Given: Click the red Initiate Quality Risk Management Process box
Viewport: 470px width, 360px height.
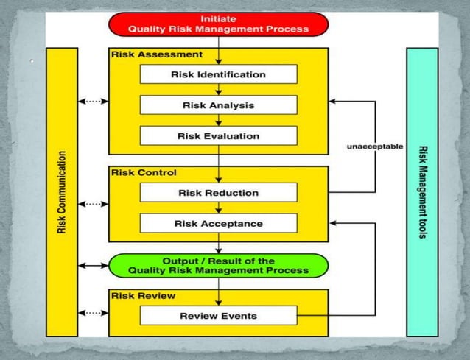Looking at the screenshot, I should tap(218, 24).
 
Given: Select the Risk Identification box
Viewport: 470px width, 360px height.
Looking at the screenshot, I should tap(218, 74).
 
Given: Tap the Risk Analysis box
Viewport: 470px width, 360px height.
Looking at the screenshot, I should tap(218, 105).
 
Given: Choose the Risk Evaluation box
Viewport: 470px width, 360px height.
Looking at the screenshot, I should tap(218, 136).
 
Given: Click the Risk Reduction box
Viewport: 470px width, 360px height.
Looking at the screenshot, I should tap(218, 193).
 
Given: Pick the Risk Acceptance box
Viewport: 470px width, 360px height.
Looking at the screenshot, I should tap(218, 224).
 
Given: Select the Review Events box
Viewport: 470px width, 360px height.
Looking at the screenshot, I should tap(218, 316).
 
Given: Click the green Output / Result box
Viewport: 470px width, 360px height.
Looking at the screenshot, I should tap(218, 266).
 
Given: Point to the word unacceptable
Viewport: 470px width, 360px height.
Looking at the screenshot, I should tap(375, 147).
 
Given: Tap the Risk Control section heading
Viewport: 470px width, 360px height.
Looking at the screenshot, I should tap(143, 173).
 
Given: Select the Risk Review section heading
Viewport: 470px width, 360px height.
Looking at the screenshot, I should tap(143, 295).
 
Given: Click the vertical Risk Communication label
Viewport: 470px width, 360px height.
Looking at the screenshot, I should tap(62, 193).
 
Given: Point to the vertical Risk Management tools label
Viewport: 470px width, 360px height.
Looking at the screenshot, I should tap(422, 193).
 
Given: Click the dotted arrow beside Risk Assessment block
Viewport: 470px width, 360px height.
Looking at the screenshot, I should tap(93, 101).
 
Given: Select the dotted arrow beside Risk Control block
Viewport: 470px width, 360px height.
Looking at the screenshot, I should tap(93, 204).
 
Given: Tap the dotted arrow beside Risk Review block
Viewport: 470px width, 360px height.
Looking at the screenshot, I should tap(93, 313).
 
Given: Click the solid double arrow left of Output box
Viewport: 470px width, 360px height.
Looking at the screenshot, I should tap(93, 265).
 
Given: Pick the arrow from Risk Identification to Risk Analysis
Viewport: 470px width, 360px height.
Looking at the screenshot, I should tap(219, 90).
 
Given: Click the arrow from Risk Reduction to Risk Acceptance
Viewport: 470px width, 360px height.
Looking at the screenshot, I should tap(219, 208).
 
